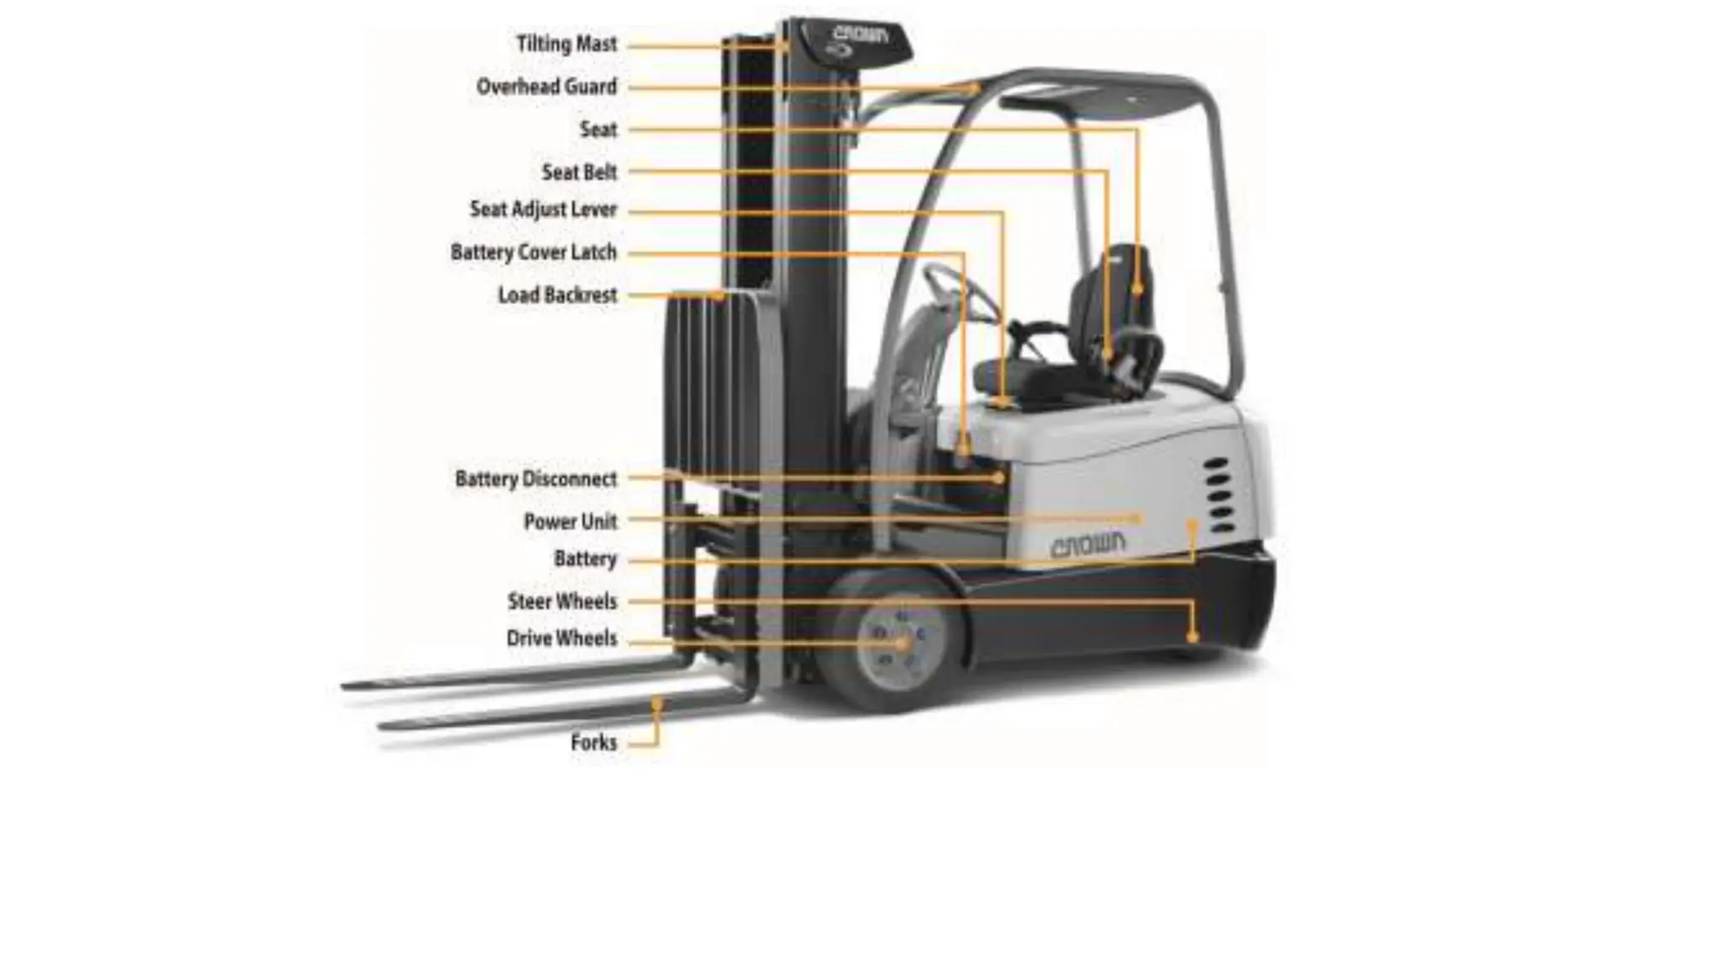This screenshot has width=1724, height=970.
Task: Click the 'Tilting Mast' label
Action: point(567,44)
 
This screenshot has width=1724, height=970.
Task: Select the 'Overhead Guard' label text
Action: point(546,87)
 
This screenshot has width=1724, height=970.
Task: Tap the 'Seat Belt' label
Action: point(579,173)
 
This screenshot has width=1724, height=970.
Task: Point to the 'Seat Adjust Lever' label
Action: point(543,210)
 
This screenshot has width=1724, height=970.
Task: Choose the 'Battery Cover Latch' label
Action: point(534,253)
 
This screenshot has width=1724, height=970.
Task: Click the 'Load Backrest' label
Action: point(557,296)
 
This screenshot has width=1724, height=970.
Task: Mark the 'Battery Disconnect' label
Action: point(536,479)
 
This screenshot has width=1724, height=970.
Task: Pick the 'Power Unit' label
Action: point(570,522)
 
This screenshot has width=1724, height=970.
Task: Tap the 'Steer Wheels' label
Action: point(561,601)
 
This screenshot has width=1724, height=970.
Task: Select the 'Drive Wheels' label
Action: point(561,638)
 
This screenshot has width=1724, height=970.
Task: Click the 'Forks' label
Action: point(593,743)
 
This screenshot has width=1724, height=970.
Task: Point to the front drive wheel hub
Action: point(899,643)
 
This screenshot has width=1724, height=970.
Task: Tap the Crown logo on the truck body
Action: point(1088,545)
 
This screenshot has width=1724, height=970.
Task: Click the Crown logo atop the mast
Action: point(860,35)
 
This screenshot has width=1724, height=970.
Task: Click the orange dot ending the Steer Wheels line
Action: point(1192,637)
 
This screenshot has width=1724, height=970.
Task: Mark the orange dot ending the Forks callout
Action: point(657,701)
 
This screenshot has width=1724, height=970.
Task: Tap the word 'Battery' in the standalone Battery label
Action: point(585,559)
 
